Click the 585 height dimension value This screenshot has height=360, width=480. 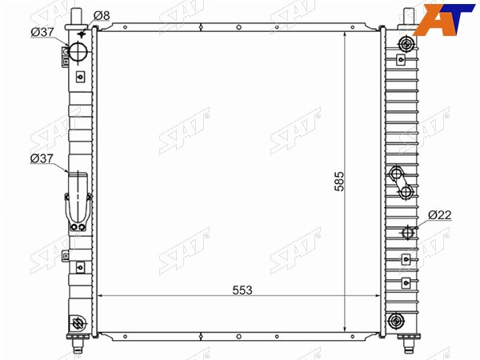point(339,182)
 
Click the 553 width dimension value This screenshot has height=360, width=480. point(242,290)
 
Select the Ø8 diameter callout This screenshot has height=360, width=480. point(102,15)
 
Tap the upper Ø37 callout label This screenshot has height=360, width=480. point(42,32)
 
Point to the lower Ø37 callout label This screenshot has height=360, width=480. point(42,158)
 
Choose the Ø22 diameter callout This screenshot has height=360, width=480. point(440,215)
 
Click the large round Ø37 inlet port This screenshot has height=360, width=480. point(78,51)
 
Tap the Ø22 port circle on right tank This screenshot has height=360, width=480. point(407,233)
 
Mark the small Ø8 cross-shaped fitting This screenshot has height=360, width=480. point(82,34)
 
